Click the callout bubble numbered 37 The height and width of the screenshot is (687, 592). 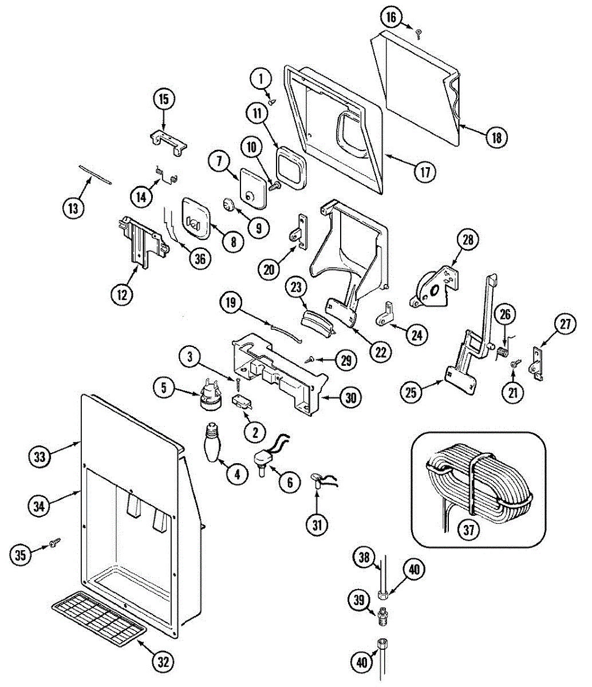tap(469, 530)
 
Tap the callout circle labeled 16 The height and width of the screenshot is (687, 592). tap(391, 17)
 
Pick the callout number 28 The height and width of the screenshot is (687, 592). tap(468, 240)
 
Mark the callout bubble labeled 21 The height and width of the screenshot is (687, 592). tap(513, 392)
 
